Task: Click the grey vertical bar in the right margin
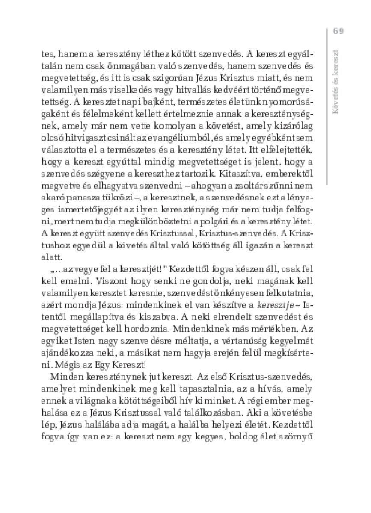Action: [326, 107]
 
